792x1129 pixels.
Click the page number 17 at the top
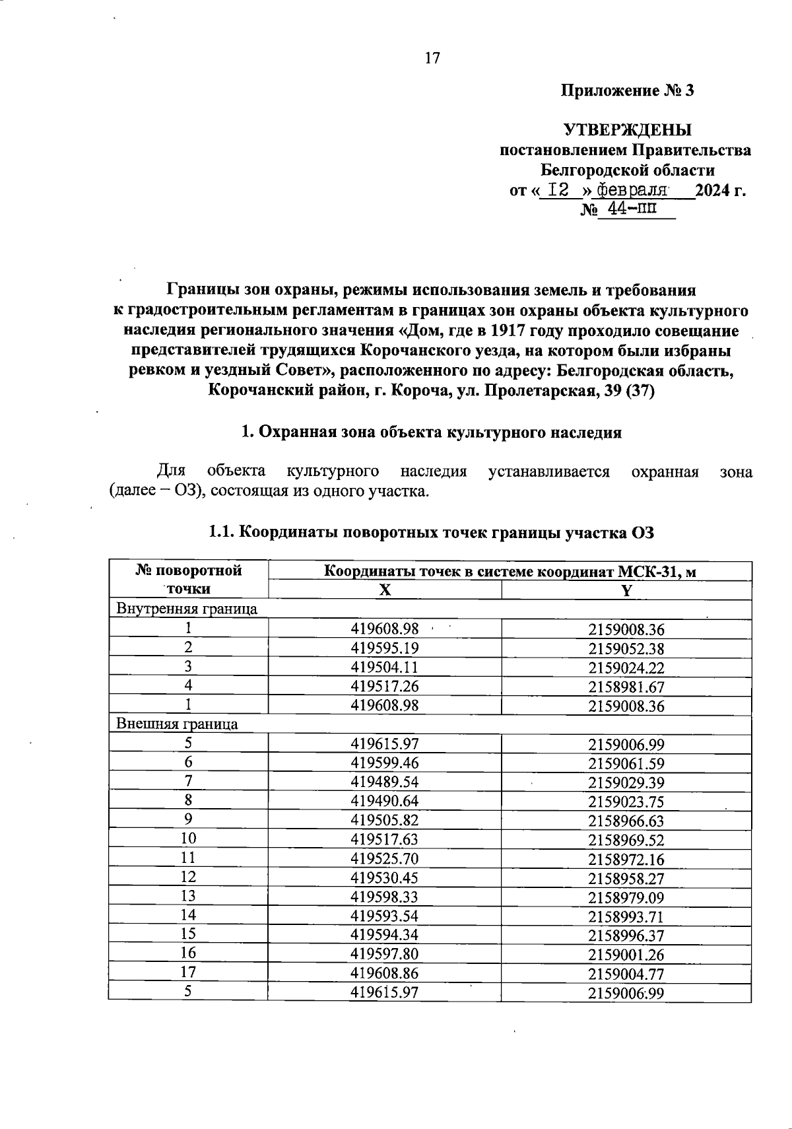pos(432,58)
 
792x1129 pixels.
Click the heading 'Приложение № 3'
pos(627,90)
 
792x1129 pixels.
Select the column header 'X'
pos(385,590)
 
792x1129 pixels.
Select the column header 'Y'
pos(626,591)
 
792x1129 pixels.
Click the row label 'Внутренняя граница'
pos(187,609)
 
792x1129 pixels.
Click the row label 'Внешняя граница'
pos(177,724)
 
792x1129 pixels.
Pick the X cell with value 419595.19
pos(385,648)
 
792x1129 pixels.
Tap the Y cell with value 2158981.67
pos(626,687)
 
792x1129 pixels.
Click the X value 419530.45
pos(385,877)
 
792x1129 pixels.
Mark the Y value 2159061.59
pos(626,763)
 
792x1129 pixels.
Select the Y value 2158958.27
pos(626,877)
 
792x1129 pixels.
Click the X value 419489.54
pos(385,782)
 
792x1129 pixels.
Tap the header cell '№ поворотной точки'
pos(188,579)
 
